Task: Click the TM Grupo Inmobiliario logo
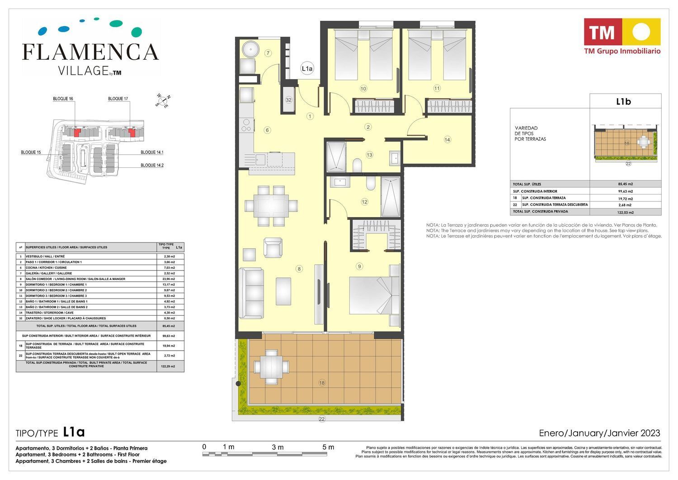[x=622, y=36]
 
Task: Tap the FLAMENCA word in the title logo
[x=90, y=52]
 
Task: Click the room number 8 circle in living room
[x=299, y=269]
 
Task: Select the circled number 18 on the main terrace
[x=322, y=383]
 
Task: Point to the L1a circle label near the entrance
[x=307, y=68]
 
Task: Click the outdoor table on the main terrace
[x=271, y=367]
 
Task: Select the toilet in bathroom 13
[x=357, y=165]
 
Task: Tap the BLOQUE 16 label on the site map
[x=63, y=99]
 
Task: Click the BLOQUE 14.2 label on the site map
[x=152, y=165]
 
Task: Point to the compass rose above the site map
[x=163, y=100]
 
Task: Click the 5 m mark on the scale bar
[x=328, y=447]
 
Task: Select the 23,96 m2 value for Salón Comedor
[x=169, y=279]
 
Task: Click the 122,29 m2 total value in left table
[x=169, y=366]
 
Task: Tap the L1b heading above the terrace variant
[x=623, y=101]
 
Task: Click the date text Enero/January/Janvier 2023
[x=599, y=433]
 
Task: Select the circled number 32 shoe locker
[x=288, y=100]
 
